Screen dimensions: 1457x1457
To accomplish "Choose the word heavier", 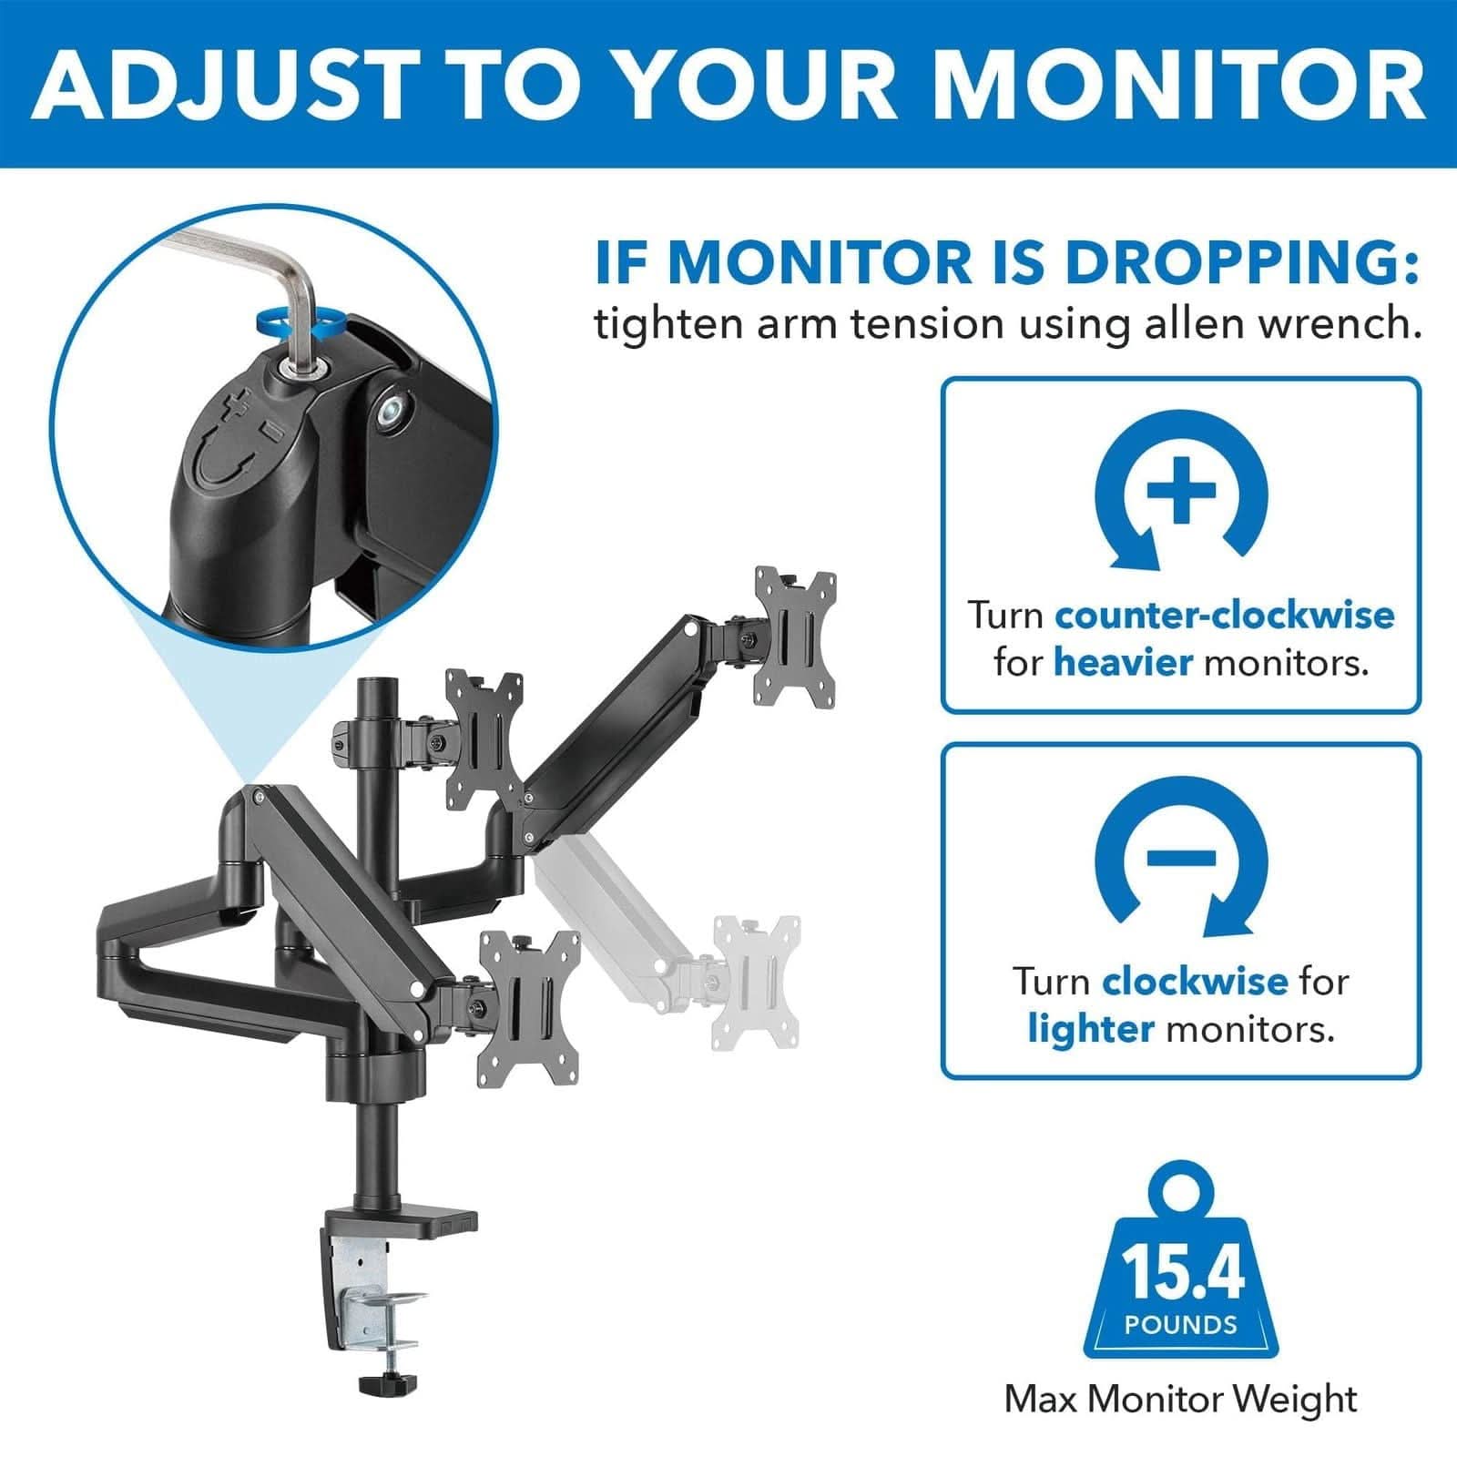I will pyautogui.click(x=1123, y=662).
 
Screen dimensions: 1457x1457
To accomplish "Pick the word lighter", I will pyautogui.click(x=1091, y=1029).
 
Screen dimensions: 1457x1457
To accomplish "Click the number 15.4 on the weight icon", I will pyautogui.click(x=1182, y=1271).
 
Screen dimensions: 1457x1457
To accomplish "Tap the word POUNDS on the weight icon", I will pyautogui.click(x=1181, y=1324).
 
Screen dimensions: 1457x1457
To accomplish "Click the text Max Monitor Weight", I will pyautogui.click(x=1180, y=1399).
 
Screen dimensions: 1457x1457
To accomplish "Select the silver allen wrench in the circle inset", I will pyautogui.click(x=273, y=273).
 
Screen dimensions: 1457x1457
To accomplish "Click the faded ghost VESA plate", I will pyautogui.click(x=756, y=983).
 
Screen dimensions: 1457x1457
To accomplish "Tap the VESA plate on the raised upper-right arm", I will pyautogui.click(x=795, y=637).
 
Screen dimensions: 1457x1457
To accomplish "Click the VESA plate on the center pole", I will pyautogui.click(x=484, y=739).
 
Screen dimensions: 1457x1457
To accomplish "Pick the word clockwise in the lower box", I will pyautogui.click(x=1195, y=982).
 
